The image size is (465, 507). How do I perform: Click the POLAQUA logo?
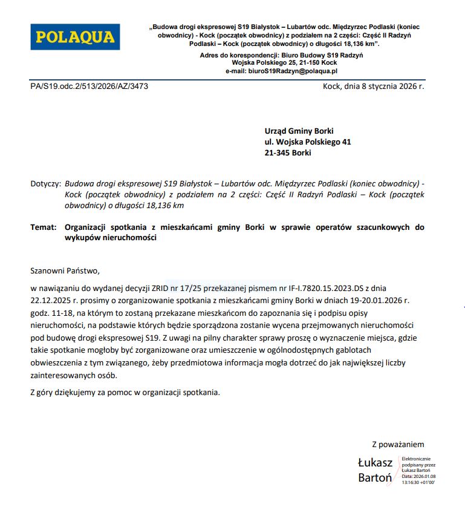click(75, 37)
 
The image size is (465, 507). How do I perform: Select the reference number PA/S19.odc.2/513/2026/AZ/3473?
click(89, 87)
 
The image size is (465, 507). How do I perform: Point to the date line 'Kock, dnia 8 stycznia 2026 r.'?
click(374, 87)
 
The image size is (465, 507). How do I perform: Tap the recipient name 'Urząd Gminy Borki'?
click(299, 131)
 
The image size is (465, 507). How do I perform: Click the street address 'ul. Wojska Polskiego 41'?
click(307, 142)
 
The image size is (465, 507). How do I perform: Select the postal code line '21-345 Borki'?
click(288, 153)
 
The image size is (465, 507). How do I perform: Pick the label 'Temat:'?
click(43, 227)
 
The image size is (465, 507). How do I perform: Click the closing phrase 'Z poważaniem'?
click(398, 445)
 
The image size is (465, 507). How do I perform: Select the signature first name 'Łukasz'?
click(375, 463)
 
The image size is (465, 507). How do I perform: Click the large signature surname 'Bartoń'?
click(375, 477)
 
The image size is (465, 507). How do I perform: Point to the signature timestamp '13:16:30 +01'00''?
click(419, 482)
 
